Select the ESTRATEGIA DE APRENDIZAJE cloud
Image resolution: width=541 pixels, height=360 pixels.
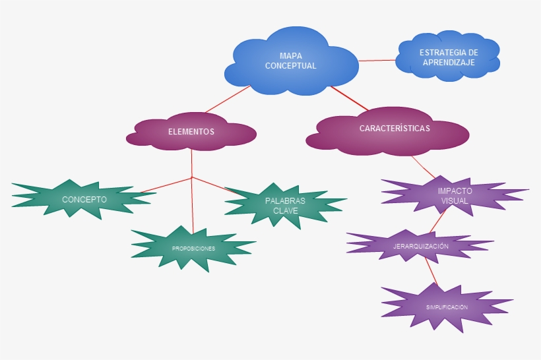coord(449,57)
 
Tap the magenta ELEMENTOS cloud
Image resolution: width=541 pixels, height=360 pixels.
coord(191,132)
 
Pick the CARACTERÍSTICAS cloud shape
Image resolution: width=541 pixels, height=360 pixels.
coord(394,129)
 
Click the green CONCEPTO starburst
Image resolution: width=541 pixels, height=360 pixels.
coord(84,199)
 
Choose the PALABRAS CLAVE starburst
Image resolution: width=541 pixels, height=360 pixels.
coord(285,206)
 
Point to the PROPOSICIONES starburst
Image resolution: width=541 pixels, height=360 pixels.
coord(193,249)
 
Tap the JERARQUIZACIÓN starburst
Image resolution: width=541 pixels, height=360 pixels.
coord(420,246)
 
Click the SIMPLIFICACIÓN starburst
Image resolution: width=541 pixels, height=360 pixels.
coord(447,307)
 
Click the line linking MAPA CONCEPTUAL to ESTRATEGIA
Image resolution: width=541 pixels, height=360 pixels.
coord(377,60)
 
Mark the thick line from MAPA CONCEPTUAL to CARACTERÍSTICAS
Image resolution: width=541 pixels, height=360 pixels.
coord(350,98)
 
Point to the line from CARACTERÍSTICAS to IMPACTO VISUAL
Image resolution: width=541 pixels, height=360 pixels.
coord(424,166)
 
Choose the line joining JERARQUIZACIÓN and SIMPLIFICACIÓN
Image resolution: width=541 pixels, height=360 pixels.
coord(431,270)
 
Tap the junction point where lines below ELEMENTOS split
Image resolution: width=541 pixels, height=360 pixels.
coord(191,178)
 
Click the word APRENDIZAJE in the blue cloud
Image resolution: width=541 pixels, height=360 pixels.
coord(449,63)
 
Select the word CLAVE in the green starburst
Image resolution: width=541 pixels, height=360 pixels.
coord(285,211)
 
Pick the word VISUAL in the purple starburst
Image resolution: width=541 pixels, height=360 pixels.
coord(455,200)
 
